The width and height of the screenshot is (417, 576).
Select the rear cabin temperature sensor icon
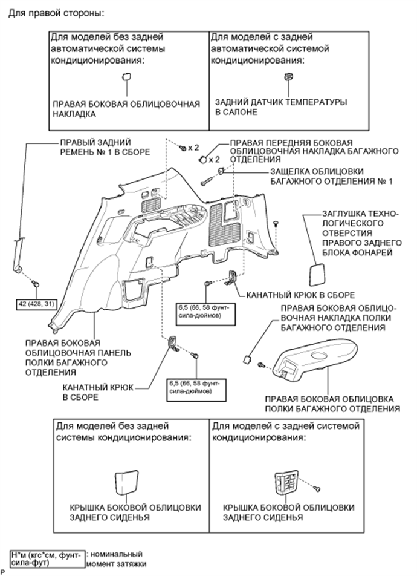[288, 77]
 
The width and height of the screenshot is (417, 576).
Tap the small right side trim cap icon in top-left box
[127, 76]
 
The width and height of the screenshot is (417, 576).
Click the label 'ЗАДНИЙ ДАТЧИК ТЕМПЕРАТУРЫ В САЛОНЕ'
[281, 107]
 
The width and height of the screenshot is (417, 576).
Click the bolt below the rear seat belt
[37, 283]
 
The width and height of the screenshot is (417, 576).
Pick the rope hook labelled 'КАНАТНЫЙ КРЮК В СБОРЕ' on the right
[229, 279]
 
